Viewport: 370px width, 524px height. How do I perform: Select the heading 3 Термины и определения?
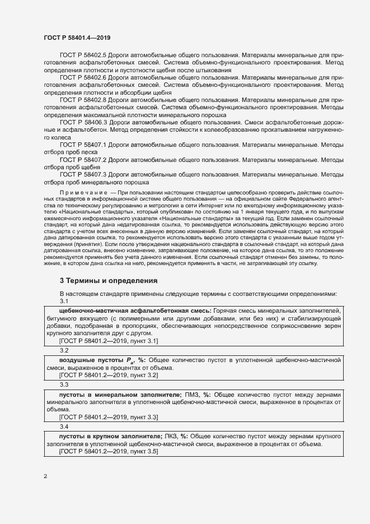tap(109, 280)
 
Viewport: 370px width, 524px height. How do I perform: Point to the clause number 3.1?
tap(64, 301)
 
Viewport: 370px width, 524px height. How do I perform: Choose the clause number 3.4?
tap(64, 426)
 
